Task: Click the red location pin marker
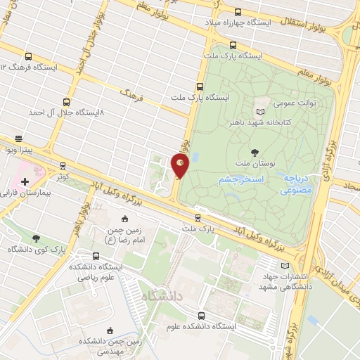click(x=180, y=165)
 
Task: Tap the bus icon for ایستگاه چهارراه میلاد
click(x=237, y=12)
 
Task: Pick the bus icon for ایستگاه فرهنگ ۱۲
click(x=29, y=56)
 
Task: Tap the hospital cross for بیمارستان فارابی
click(x=25, y=181)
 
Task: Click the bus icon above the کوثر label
click(x=63, y=166)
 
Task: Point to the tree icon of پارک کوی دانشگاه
click(x=35, y=238)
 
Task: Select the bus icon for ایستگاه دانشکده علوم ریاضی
click(x=96, y=256)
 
